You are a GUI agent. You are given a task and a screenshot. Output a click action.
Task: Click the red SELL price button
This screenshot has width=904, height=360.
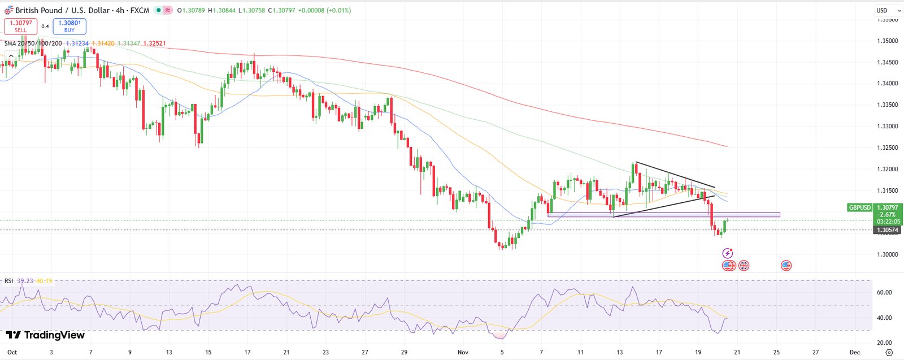click(20, 26)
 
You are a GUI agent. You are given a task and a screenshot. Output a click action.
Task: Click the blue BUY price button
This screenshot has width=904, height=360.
click(69, 26)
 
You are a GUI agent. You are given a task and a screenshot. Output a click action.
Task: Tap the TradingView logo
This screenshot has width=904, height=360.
click(45, 335)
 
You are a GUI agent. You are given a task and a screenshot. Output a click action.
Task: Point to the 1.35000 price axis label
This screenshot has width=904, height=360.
click(887, 41)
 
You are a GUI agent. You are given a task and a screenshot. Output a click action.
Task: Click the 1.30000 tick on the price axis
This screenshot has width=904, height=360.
click(887, 255)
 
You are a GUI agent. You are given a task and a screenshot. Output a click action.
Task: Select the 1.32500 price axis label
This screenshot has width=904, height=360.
click(887, 148)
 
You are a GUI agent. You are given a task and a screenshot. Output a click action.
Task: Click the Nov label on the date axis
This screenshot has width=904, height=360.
click(463, 352)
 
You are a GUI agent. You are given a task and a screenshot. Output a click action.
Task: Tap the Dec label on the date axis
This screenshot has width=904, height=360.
click(855, 352)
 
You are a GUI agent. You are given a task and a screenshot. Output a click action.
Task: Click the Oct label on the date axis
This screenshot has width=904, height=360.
click(12, 352)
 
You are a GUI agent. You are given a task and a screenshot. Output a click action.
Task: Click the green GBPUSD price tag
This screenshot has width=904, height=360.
click(860, 207)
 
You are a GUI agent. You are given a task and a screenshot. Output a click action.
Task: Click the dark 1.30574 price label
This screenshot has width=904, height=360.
click(887, 230)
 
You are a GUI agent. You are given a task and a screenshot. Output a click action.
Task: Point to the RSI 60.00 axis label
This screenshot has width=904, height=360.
click(884, 293)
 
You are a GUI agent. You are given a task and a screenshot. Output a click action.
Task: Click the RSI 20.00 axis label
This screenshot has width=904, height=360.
click(884, 343)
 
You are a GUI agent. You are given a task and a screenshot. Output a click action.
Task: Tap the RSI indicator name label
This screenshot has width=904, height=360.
click(8, 281)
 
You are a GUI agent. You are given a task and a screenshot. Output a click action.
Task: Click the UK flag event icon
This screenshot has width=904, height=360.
click(744, 265)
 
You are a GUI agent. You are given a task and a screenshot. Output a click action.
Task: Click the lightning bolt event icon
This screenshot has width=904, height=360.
click(728, 253)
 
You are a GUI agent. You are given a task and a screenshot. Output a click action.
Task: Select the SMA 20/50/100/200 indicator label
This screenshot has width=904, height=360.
click(33, 44)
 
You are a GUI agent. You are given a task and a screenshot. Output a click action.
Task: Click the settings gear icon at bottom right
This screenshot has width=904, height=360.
click(889, 352)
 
